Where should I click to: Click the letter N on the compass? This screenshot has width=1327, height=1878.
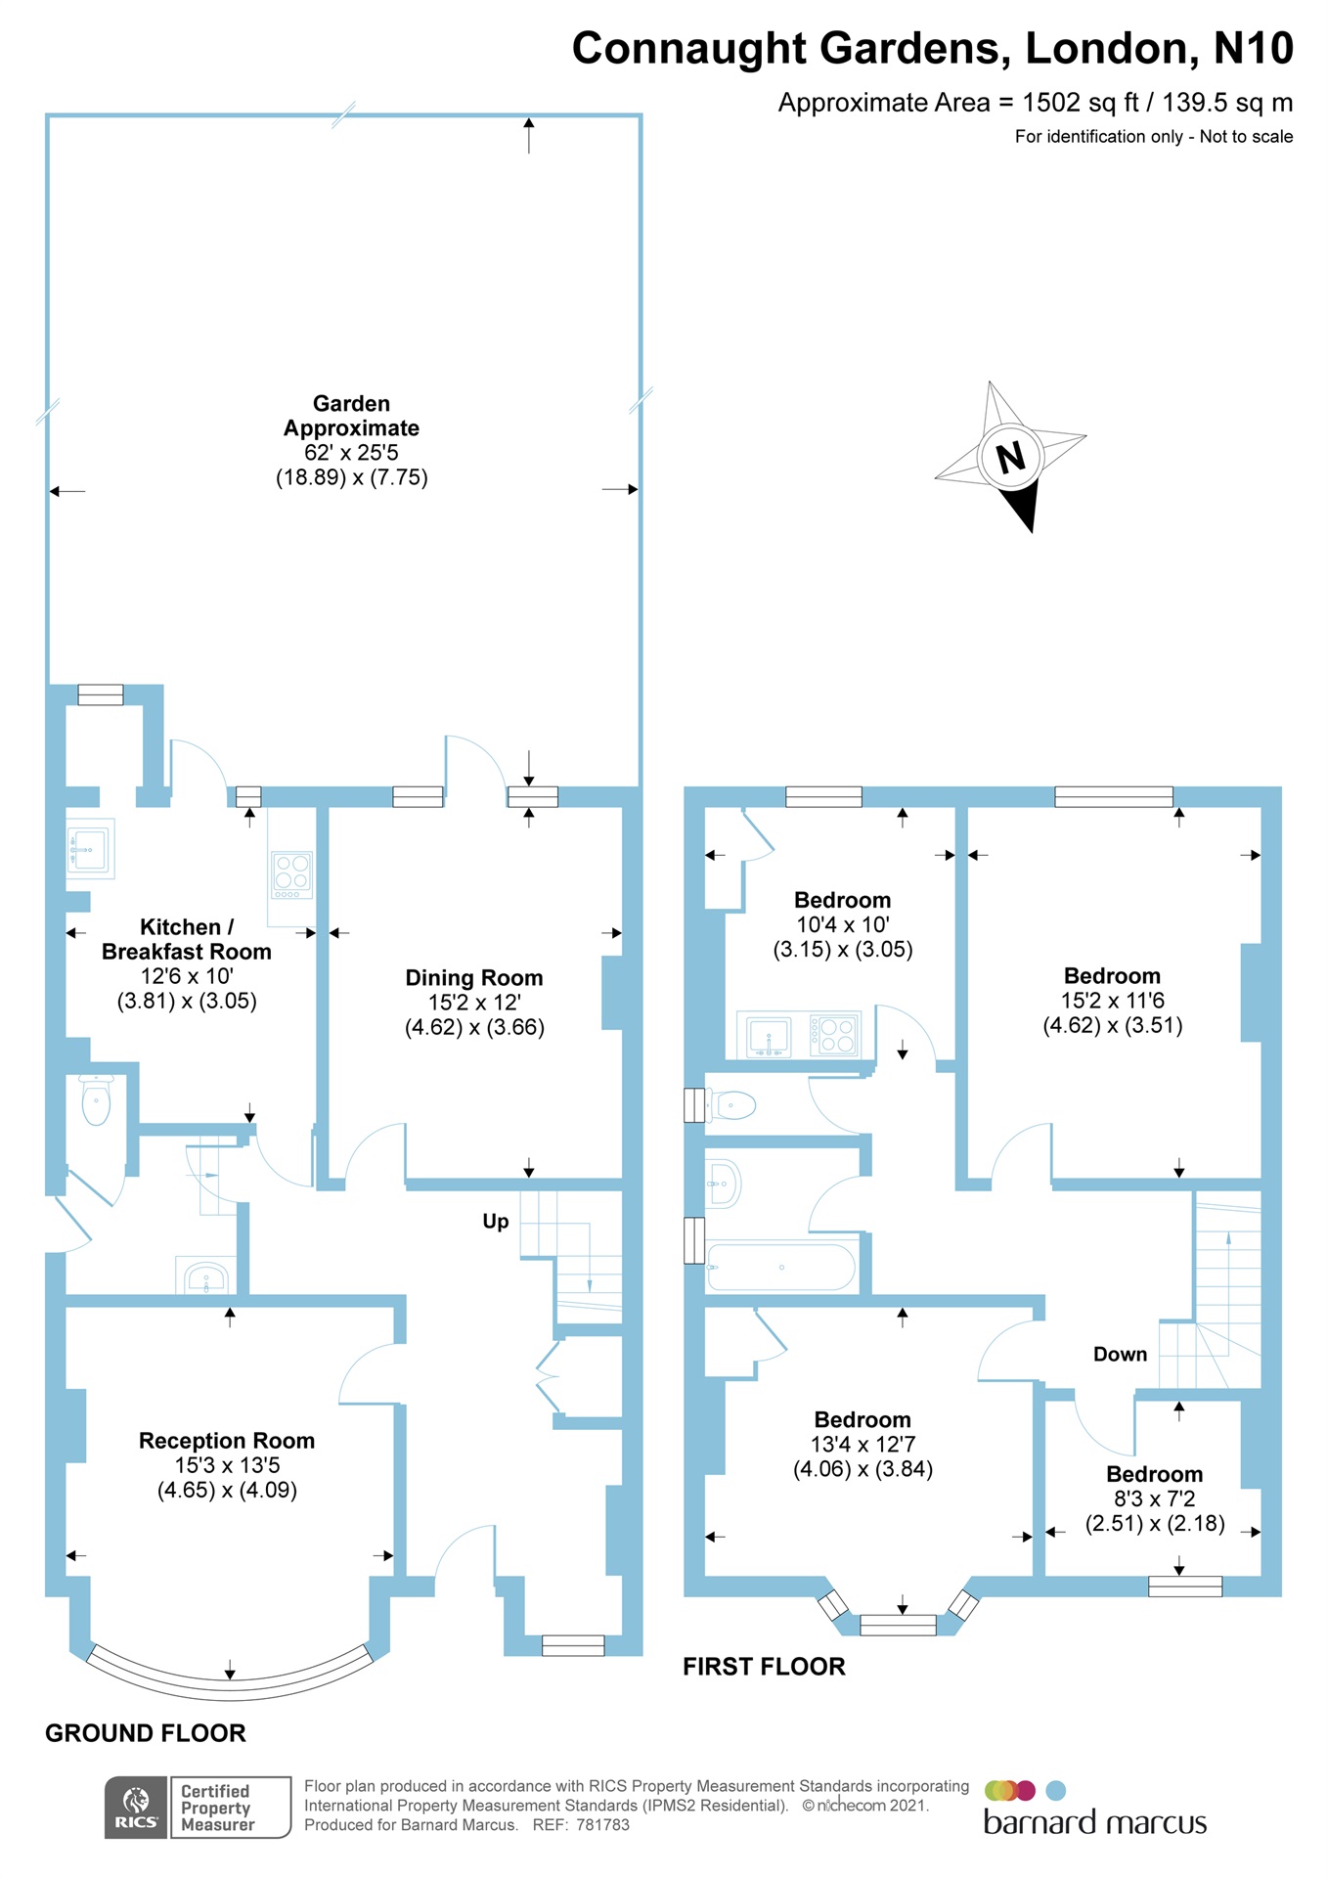(x=1010, y=457)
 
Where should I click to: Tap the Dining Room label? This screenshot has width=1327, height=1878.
(x=473, y=977)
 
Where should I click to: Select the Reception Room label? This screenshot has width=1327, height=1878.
(x=226, y=1440)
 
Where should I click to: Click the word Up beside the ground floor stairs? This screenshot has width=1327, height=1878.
(x=496, y=1221)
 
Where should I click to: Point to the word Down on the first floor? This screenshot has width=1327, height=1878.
(x=1120, y=1354)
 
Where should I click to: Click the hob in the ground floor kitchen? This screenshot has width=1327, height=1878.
(x=291, y=874)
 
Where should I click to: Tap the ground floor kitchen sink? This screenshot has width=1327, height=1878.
(x=90, y=847)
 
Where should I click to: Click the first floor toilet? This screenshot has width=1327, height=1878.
(x=733, y=1105)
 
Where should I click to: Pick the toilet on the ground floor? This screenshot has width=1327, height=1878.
(x=96, y=1101)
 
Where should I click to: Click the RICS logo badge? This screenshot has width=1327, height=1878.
(x=136, y=1807)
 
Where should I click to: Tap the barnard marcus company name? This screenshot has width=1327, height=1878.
(x=1094, y=1823)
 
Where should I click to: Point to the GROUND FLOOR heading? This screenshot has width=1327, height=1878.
(x=146, y=1733)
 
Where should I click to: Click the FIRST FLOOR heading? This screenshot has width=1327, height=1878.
(x=764, y=1667)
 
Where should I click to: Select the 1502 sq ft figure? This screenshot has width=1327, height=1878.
(x=1081, y=103)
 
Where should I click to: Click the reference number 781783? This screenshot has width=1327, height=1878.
(x=602, y=1825)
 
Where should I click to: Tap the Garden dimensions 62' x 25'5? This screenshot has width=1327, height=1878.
(x=351, y=453)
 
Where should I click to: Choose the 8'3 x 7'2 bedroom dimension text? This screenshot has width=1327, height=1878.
(x=1154, y=1498)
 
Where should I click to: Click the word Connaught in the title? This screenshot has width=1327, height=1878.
(x=688, y=48)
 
